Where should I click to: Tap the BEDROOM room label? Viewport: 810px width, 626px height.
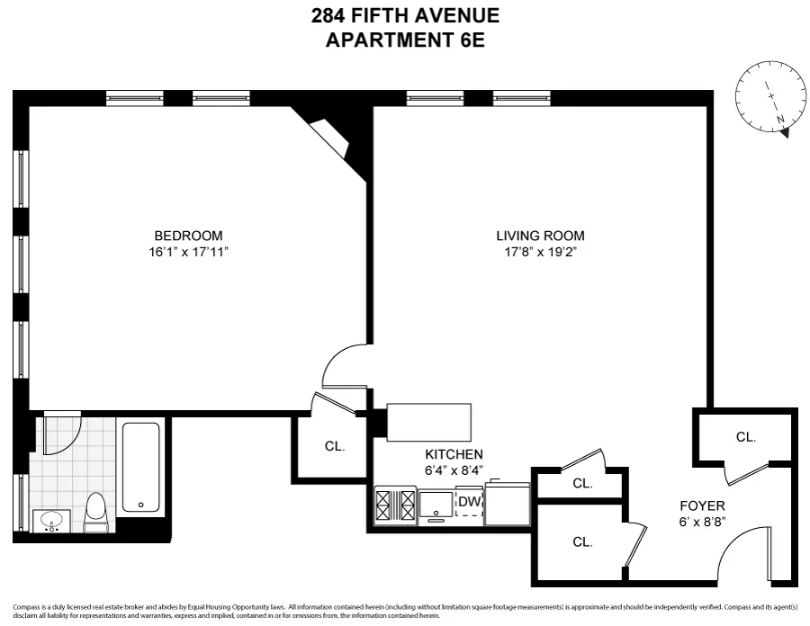click(187, 236)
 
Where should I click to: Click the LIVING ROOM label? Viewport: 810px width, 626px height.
click(534, 236)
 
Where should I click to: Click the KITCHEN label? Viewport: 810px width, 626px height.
click(454, 454)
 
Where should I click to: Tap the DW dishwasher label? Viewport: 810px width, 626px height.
click(469, 502)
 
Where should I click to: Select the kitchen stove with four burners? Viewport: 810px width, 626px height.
click(396, 506)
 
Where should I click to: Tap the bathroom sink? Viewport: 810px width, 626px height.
click(51, 521)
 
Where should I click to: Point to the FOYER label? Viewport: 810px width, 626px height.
click(702, 506)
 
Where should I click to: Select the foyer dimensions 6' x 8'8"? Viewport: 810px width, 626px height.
click(702, 523)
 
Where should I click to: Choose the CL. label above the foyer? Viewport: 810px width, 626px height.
click(745, 437)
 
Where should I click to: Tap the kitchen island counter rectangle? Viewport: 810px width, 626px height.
click(428, 422)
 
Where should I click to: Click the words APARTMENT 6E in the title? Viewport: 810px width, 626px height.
click(405, 41)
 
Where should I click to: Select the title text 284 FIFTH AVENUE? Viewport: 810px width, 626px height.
click(405, 15)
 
